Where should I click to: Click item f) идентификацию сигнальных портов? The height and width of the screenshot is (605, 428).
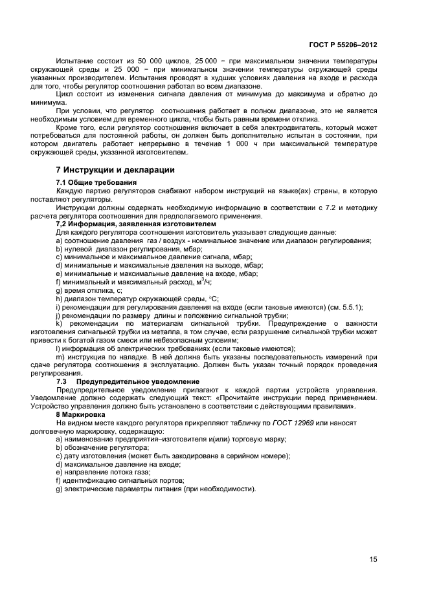click(120, 480)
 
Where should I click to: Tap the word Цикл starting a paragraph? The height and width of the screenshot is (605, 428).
click(65, 94)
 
